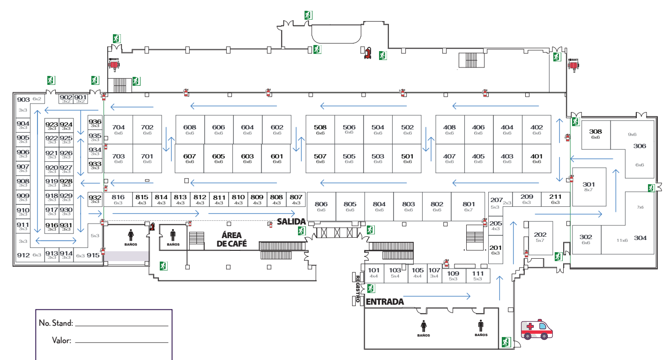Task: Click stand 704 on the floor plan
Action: pyautogui.click(x=119, y=129)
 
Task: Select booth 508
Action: pyautogui.click(x=320, y=129)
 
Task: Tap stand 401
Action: pyautogui.click(x=536, y=158)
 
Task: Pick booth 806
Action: pyautogui.click(x=321, y=206)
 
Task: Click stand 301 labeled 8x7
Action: pyautogui.click(x=588, y=187)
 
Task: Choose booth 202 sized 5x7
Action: pyautogui.click(x=540, y=237)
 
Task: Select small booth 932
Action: pyautogui.click(x=95, y=199)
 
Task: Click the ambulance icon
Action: pyautogui.click(x=537, y=329)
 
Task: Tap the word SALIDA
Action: pyautogui.click(x=291, y=221)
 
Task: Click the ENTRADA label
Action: pyautogui.click(x=385, y=302)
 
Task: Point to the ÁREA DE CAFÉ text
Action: pyautogui.click(x=231, y=240)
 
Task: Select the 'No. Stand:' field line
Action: pyautogui.click(x=121, y=324)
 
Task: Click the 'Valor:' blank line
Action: pyautogui.click(x=121, y=341)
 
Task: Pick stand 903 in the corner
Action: pyautogui.click(x=23, y=100)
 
